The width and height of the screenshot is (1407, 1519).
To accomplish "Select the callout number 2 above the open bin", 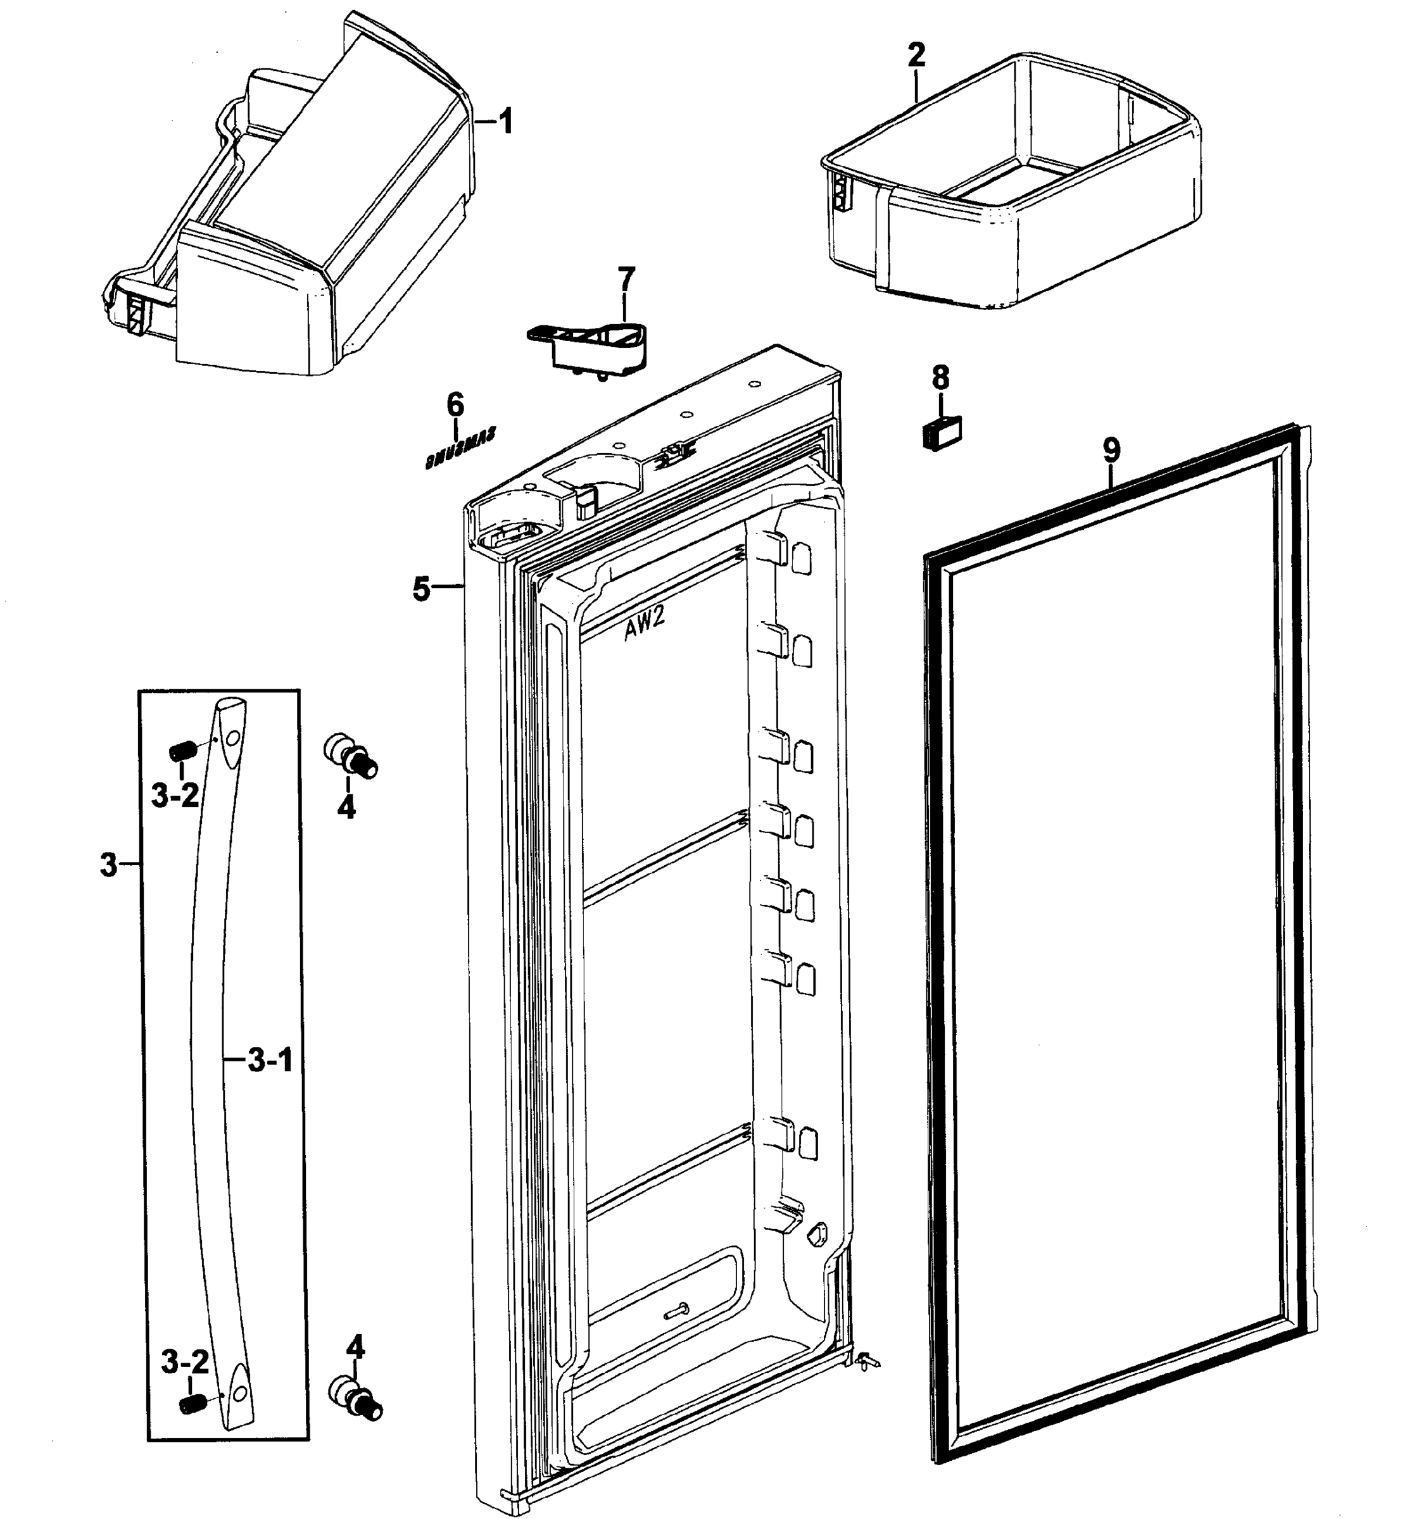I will click(x=917, y=55).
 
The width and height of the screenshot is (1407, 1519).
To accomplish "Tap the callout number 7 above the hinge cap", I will click(x=625, y=279).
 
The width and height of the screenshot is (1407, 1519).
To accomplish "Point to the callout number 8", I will click(x=941, y=377).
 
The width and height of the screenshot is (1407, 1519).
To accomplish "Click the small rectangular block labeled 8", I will click(x=941, y=433).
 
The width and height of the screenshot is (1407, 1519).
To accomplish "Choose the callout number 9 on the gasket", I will click(x=1111, y=451).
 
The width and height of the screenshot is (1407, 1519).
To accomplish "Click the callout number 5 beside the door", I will click(x=422, y=589).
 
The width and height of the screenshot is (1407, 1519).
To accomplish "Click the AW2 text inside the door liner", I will click(x=644, y=628).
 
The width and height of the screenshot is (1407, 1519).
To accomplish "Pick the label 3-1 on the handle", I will click(x=270, y=1060).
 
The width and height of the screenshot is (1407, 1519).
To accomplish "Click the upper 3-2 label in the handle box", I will click(x=175, y=796).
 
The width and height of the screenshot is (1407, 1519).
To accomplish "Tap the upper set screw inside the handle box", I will click(x=183, y=751).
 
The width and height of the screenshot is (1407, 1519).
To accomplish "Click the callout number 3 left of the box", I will click(x=109, y=865).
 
